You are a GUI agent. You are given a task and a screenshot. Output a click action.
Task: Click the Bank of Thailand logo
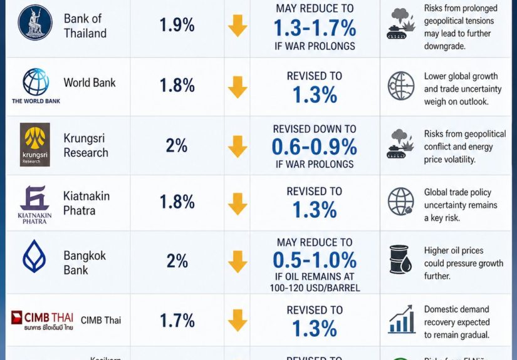click(x=35, y=23)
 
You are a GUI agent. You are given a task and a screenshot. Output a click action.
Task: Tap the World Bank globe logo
click(x=36, y=82)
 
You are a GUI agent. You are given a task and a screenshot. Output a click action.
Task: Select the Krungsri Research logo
click(x=35, y=145)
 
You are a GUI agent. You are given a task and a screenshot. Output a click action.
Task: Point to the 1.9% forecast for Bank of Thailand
click(x=177, y=25)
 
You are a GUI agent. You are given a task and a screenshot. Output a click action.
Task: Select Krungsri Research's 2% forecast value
click(x=177, y=146)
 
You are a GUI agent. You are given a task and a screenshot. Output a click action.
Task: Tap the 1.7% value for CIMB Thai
click(x=177, y=321)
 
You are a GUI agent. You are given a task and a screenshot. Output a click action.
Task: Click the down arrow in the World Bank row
click(x=238, y=86)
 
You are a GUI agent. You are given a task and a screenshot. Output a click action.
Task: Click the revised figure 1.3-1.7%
click(x=315, y=28)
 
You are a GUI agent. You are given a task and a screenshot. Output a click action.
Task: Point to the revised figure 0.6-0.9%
click(x=315, y=147)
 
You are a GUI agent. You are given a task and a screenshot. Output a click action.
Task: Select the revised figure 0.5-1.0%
click(x=315, y=259)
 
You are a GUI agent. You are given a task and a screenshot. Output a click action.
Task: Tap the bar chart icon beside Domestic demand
click(x=401, y=321)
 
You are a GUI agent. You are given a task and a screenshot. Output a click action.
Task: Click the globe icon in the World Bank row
click(x=401, y=86)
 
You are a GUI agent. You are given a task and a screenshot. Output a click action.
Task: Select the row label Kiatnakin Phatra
click(x=86, y=203)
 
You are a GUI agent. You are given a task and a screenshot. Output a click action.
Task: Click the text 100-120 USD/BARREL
click(x=315, y=288)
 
